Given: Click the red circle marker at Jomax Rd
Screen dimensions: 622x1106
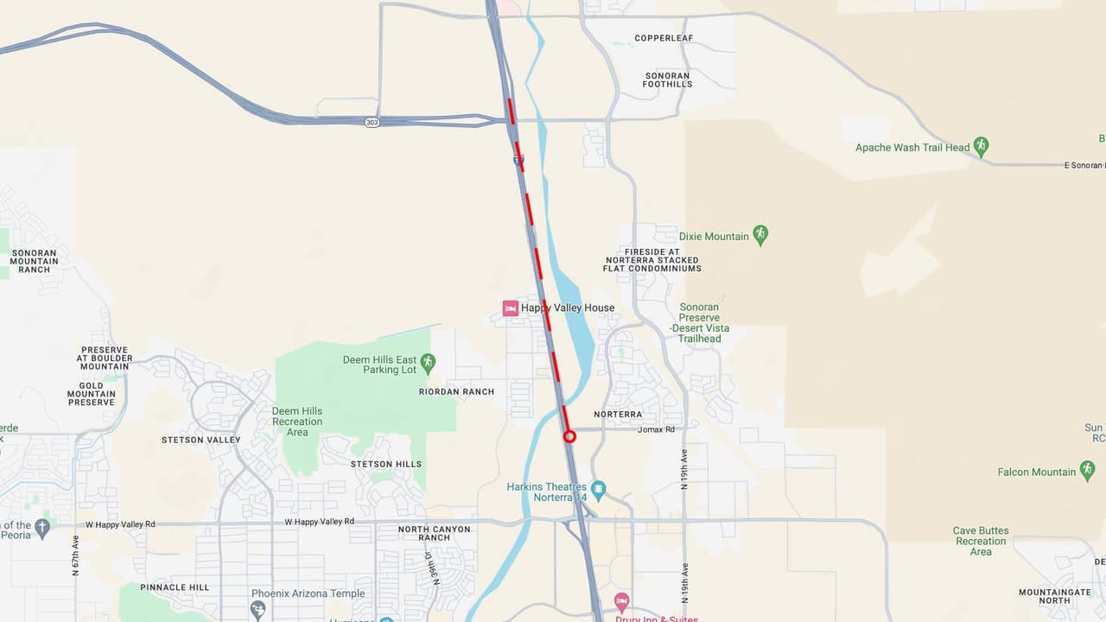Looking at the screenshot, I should coord(569,436).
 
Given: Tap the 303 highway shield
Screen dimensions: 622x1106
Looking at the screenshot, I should coord(372,123).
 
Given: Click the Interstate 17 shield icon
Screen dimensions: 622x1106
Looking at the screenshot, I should coord(518,160).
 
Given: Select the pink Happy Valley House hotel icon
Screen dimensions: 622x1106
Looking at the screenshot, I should coord(511,308).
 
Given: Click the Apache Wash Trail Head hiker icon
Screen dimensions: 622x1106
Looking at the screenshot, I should coord(981,146).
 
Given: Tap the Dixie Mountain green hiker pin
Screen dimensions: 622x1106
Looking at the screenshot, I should coord(760,235).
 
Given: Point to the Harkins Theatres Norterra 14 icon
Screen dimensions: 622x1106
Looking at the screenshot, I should coord(598,490).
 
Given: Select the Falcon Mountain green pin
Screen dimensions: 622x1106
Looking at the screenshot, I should coord(1087,471).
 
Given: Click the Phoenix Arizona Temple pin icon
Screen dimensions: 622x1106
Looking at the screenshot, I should coord(257,609).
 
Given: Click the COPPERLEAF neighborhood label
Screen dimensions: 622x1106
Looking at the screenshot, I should coord(664,38).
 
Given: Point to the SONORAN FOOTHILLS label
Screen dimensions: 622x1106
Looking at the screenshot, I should coord(668,79).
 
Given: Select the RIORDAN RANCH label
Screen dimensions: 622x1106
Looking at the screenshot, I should coord(456,391).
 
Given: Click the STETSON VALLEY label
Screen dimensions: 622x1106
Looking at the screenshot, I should coord(200,440).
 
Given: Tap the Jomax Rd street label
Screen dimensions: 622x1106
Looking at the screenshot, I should coord(655,429).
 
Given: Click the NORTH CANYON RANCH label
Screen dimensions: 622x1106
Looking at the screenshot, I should coord(435,533).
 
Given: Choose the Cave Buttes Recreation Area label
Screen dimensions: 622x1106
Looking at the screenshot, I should coord(981,541).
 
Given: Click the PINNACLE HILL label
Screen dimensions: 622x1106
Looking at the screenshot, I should coord(175,587).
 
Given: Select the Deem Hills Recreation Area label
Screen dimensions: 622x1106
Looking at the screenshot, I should coord(297,422).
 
